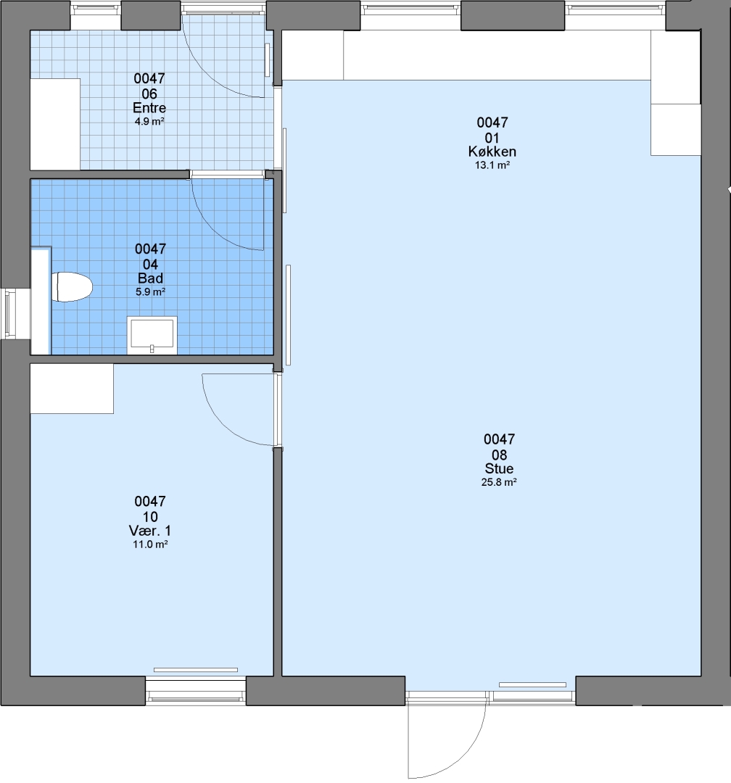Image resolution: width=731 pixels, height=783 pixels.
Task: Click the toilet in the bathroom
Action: (x=73, y=286)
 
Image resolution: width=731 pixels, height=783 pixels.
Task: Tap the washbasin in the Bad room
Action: (x=152, y=334)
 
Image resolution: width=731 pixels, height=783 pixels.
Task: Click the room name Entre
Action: (x=149, y=108)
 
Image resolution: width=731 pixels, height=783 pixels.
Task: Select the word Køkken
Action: (x=492, y=152)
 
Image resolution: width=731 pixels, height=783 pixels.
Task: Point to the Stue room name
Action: (x=499, y=468)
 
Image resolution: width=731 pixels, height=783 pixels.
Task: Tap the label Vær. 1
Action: (x=150, y=530)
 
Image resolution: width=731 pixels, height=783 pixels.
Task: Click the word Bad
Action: (x=150, y=278)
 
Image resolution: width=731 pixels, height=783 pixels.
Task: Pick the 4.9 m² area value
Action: (x=149, y=121)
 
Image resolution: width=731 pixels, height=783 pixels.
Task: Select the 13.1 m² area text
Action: (x=492, y=165)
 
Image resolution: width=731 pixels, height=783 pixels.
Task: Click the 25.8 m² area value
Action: (x=499, y=482)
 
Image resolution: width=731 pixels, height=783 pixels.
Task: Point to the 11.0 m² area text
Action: (x=150, y=544)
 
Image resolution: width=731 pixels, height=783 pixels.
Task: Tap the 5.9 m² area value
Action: (x=150, y=292)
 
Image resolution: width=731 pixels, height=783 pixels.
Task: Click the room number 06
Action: (x=149, y=94)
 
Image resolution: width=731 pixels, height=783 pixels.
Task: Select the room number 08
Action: (x=499, y=455)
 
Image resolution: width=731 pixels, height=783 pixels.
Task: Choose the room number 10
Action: (x=150, y=517)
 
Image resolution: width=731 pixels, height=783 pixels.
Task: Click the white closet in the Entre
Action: (x=55, y=125)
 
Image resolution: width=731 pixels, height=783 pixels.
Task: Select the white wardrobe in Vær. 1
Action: (x=72, y=389)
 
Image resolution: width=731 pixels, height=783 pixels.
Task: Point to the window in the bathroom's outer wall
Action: (x=9, y=314)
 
